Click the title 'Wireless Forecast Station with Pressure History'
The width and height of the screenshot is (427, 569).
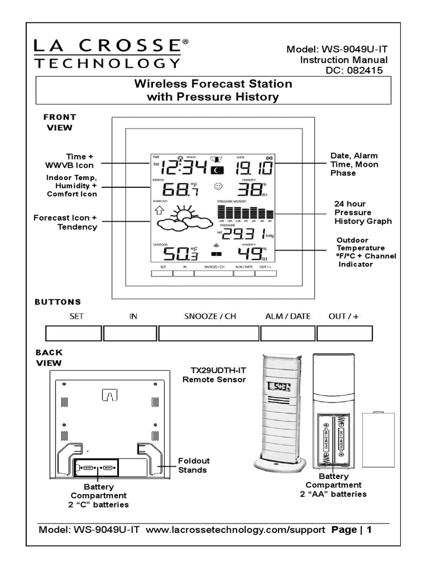tap(213, 91)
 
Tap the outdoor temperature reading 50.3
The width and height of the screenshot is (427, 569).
tap(175, 254)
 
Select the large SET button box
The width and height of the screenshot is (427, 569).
tap(73, 333)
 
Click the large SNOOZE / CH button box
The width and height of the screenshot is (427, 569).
tap(209, 333)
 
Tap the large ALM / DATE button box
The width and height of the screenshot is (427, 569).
tap(288, 333)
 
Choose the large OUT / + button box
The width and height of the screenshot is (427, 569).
tap(344, 333)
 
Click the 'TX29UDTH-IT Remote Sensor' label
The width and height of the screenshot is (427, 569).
tap(214, 374)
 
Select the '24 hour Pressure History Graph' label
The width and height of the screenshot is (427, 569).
tap(363, 212)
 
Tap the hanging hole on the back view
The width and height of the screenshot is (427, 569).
tap(110, 395)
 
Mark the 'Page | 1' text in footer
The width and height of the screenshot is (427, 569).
tap(351, 530)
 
